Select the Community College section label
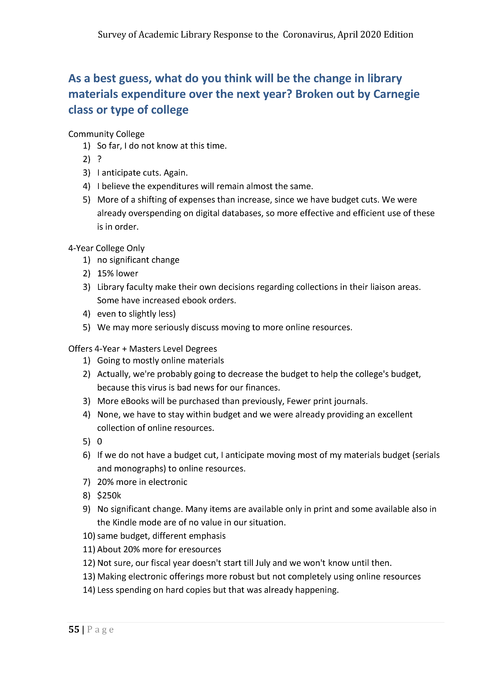coord(106,134)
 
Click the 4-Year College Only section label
coord(106,248)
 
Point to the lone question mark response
coord(99,159)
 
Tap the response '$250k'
coord(109,496)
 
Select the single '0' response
coord(99,442)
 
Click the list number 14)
coord(89,590)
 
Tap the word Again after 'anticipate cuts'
coord(175,173)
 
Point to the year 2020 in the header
coord(370,35)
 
